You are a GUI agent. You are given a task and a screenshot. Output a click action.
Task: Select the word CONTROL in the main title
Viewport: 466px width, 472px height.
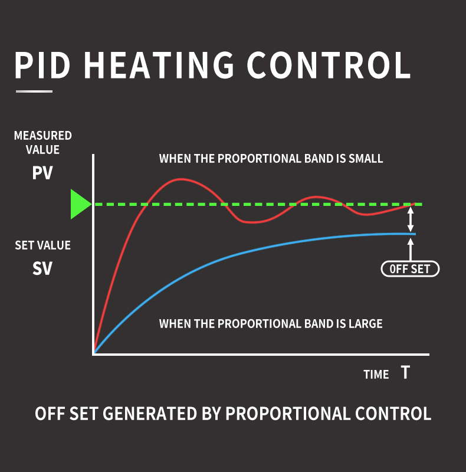(x=329, y=65)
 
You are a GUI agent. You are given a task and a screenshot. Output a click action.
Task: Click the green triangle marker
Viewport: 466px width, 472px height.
(x=80, y=204)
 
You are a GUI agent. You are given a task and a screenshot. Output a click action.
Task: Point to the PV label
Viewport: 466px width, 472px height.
(x=42, y=175)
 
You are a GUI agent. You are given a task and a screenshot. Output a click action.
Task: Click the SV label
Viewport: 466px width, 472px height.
(x=42, y=269)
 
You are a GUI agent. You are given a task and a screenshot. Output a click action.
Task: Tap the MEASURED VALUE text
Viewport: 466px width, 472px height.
(x=42, y=143)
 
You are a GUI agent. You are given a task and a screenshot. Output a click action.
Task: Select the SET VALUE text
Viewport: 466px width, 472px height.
(x=42, y=245)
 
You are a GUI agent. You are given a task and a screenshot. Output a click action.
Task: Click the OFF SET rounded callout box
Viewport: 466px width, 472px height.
(x=410, y=270)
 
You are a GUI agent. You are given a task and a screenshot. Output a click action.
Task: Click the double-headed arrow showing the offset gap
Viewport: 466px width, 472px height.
(x=411, y=219)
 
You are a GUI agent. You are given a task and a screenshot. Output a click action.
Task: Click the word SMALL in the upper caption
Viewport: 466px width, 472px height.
(x=365, y=159)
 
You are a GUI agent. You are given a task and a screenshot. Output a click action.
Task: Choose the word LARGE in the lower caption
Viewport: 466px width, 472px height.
(x=364, y=323)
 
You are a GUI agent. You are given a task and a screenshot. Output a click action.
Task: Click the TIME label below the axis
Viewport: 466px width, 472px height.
(x=376, y=375)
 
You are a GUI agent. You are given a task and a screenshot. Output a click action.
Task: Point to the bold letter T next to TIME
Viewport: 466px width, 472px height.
(x=405, y=373)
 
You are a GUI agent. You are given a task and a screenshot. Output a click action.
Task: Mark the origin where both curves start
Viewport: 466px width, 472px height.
(x=94, y=353)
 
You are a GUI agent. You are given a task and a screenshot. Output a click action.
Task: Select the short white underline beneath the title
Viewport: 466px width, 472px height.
(x=34, y=91)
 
